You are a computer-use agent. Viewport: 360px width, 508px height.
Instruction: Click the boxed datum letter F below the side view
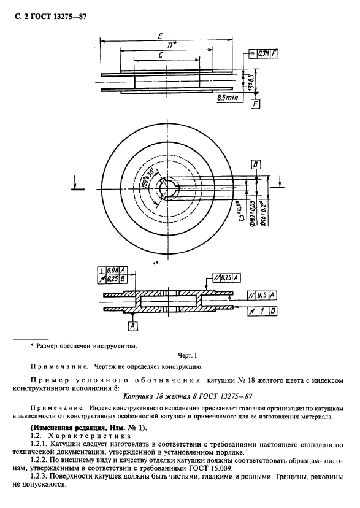click(256, 104)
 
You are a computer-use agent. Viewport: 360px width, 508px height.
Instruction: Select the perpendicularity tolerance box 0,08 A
click(112, 270)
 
